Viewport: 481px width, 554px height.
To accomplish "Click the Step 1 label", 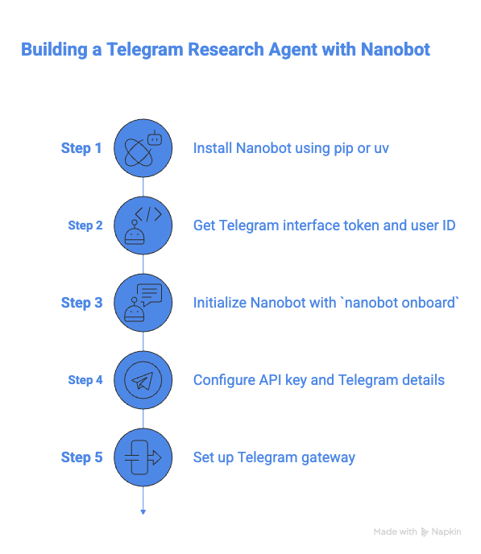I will (81, 148).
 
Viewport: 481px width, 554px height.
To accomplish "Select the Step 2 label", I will (85, 225).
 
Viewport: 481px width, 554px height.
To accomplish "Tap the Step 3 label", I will (81, 303).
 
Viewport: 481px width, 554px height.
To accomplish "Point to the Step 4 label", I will (85, 380).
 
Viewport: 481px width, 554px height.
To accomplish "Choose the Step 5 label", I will (81, 457).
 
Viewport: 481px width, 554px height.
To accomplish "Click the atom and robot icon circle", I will (143, 148).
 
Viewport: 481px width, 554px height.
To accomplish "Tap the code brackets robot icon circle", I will (143, 225).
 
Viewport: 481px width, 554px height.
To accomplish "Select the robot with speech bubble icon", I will (143, 303).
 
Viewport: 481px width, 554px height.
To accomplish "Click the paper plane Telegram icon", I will (143, 380).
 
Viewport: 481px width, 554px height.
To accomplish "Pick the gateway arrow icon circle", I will (143, 457).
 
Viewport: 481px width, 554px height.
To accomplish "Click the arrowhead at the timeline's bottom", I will (143, 510).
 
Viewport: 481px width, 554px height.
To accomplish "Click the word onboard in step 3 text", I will (430, 303).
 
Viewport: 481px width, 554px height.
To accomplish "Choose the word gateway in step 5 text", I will (329, 457).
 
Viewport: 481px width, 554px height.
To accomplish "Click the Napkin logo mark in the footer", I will (425, 532).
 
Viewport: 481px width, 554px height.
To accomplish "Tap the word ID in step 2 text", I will (448, 225).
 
